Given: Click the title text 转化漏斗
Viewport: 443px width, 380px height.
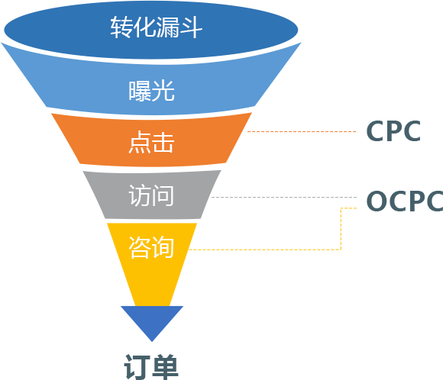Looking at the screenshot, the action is [157, 27].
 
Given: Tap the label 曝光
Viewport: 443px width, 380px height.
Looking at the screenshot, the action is [152, 91].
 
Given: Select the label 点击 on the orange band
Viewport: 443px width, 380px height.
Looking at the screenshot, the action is [151, 142].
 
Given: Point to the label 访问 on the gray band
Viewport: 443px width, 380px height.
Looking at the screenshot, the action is [151, 195].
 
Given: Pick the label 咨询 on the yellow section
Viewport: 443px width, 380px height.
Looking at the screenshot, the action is [151, 247].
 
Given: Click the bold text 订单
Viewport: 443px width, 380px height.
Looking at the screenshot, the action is [151, 367].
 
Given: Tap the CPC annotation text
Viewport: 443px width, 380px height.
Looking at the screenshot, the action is [393, 131].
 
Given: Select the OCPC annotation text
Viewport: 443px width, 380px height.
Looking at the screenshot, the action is [405, 201].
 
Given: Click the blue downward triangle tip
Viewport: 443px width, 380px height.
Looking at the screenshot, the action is [152, 341].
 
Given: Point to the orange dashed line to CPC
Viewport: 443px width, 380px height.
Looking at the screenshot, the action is [302, 131].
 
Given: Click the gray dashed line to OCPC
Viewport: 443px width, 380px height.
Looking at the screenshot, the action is [284, 197].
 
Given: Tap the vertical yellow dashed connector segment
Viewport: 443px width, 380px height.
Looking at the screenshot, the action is [341, 229].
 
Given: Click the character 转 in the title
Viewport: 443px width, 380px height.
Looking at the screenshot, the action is [121, 27].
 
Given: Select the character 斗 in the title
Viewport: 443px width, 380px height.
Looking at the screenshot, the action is [192, 27].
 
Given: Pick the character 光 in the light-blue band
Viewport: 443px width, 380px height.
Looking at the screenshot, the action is [163, 91].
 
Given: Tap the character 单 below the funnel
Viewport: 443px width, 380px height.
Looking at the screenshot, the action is [165, 367].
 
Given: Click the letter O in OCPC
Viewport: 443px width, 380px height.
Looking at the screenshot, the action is [377, 201].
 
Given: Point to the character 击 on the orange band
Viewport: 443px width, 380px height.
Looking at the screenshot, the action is [163, 142].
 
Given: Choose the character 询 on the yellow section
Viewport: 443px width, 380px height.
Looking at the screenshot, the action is [163, 247].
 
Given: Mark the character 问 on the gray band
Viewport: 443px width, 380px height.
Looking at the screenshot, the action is [163, 195].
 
